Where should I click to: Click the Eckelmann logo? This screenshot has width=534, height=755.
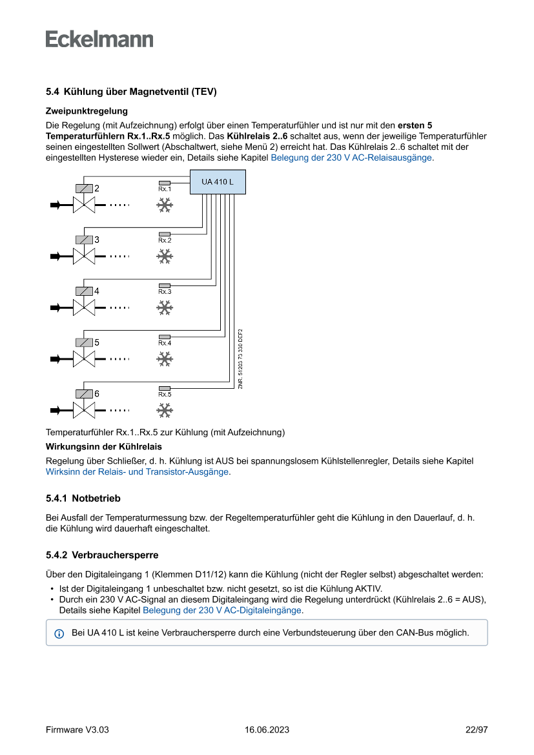(x=99, y=39)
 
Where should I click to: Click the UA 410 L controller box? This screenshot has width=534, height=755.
(x=218, y=183)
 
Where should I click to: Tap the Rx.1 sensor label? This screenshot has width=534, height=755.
(x=165, y=189)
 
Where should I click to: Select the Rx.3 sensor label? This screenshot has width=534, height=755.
(x=165, y=291)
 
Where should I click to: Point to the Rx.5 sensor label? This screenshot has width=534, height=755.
(x=165, y=394)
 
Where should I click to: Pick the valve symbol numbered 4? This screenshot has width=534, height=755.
(x=84, y=307)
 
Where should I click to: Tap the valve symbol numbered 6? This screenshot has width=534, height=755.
(x=84, y=409)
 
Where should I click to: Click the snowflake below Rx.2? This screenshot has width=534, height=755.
(x=165, y=256)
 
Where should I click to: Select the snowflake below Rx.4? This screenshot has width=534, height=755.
(x=165, y=359)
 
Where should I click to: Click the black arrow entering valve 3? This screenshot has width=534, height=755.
(x=57, y=256)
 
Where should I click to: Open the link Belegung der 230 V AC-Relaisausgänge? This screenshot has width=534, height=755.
(x=351, y=157)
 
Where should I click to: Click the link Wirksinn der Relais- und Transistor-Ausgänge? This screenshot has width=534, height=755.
(x=138, y=471)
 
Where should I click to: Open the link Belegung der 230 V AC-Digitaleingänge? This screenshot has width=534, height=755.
(x=221, y=610)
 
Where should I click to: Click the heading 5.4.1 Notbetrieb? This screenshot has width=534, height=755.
(x=83, y=499)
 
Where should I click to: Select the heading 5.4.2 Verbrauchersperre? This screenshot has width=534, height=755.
(x=102, y=555)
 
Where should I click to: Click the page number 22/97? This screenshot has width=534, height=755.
(x=477, y=730)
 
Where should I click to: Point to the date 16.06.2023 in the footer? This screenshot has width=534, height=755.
(x=267, y=730)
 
